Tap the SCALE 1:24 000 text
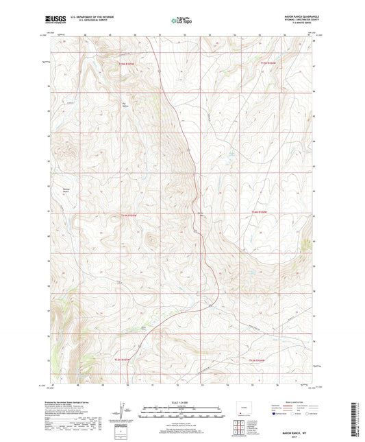pyautogui.click(x=182, y=402)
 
